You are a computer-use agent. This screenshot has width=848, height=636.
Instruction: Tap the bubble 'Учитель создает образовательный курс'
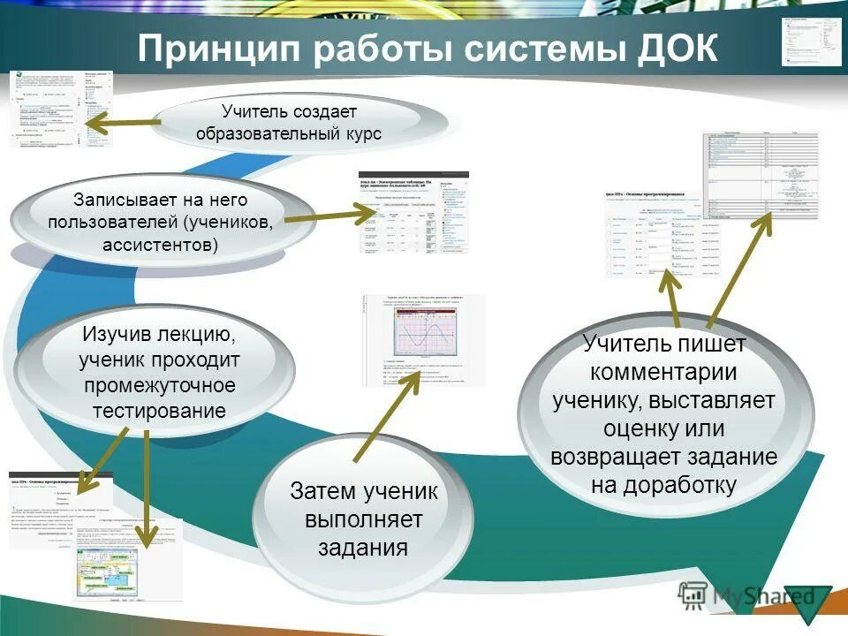coord(301,123)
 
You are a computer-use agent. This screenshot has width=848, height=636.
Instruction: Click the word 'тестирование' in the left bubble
coord(159,411)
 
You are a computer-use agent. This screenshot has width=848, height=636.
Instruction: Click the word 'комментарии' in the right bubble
coord(663,372)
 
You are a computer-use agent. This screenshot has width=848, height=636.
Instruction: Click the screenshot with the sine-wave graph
coord(424,341)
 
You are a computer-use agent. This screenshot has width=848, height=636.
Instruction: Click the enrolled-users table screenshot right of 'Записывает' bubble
coord(413,213)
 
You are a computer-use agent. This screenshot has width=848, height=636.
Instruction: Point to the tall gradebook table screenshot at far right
coord(761,177)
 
